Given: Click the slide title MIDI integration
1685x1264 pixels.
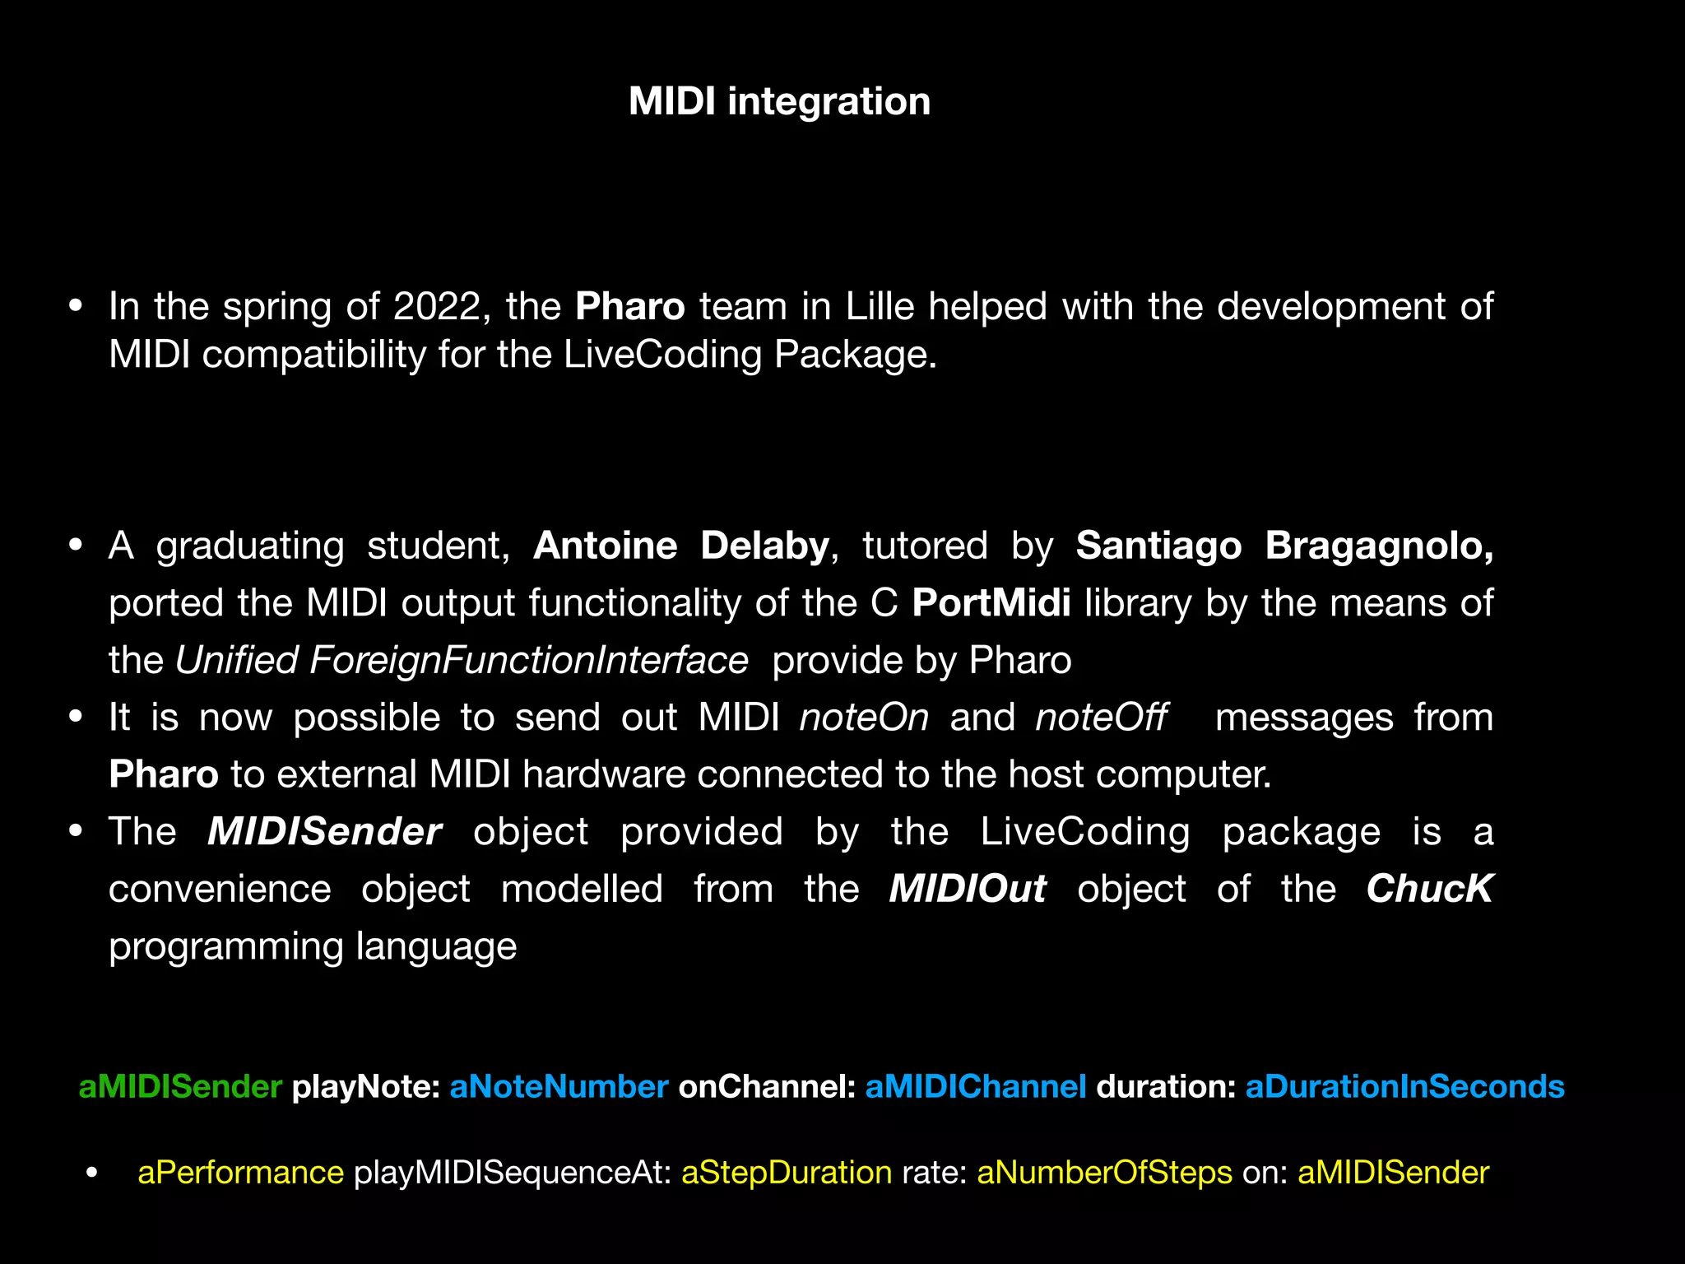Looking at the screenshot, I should (x=779, y=102).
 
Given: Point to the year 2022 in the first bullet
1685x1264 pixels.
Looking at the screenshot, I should (x=436, y=307).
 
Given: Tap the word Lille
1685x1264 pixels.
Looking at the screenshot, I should (x=880, y=307).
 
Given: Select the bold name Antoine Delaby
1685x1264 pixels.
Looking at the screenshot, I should (x=681, y=546).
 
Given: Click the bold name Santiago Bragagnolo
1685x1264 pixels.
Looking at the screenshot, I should (x=1284, y=546).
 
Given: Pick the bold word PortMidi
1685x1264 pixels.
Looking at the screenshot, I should (x=991, y=603).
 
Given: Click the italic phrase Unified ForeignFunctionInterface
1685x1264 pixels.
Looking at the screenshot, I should (x=462, y=661).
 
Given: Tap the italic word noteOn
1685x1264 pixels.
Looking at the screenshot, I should (x=864, y=718).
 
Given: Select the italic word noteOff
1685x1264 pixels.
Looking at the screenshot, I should (x=1101, y=718).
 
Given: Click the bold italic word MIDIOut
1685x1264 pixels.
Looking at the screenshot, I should (x=968, y=890).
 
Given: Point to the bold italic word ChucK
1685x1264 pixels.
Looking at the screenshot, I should (x=1429, y=890).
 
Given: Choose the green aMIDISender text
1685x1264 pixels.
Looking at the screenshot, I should (x=180, y=1087).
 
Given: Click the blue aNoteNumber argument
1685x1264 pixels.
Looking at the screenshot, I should (x=559, y=1087).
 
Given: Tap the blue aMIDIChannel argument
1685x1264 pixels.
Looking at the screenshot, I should (x=976, y=1087).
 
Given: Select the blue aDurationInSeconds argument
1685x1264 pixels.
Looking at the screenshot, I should (x=1404, y=1087).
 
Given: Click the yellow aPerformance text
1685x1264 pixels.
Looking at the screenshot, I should (x=240, y=1173).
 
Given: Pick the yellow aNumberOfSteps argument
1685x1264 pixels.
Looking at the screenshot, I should (x=1104, y=1173).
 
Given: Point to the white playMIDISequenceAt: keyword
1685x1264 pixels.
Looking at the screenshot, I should (x=513, y=1173).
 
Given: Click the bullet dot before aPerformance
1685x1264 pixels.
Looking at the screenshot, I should (x=92, y=1173).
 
